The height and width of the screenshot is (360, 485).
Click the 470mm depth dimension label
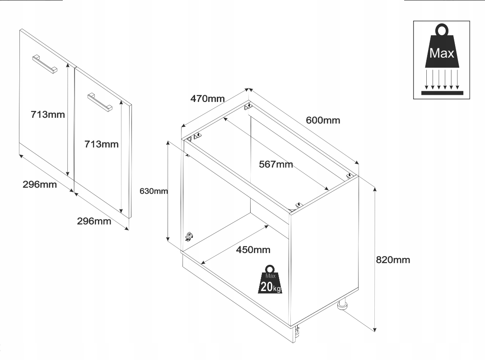pos(207,98)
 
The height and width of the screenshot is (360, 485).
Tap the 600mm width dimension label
pos(323,120)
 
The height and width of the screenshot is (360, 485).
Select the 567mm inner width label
pos(276,164)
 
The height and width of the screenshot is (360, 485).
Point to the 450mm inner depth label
pos(253,249)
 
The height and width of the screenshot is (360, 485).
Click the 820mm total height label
pos(393,260)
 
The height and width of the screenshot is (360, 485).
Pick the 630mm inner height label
pos(154,191)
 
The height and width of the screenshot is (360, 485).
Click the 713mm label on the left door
pos(48,115)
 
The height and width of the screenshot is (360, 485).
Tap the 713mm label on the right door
pos(102,144)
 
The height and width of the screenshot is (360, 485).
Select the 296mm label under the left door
pos(40,185)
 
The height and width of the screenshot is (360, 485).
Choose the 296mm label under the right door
pos(94,221)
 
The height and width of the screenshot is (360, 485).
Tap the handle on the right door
pos(99,101)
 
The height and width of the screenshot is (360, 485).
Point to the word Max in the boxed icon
pos(442,53)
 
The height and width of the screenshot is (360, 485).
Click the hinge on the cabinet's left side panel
pos(189,236)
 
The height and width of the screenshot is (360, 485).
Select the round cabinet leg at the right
pos(342,305)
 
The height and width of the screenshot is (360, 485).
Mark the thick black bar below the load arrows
pos(442,92)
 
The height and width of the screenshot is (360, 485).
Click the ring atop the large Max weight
pos(442,31)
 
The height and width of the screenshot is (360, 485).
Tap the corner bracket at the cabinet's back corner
pos(247,106)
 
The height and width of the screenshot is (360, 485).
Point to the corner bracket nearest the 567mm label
pos(298,205)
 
